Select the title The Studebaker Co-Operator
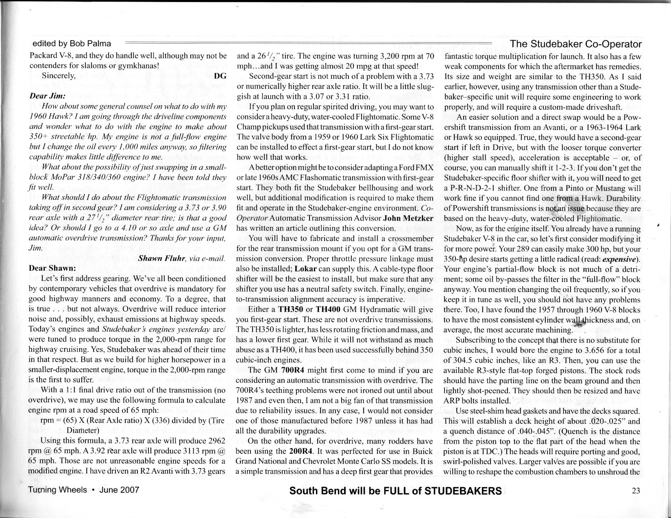575,44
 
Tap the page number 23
636,490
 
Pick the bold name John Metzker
408,218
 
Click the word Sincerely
59,76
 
